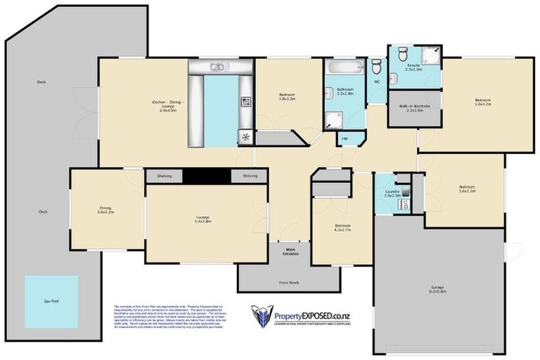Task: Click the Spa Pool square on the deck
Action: [51, 300]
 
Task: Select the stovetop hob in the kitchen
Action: [245, 103]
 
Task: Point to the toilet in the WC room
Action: [375, 67]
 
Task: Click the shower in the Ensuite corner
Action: [432, 52]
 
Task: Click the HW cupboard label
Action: [345, 139]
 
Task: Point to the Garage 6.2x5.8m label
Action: [438, 288]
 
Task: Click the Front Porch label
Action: [289, 283]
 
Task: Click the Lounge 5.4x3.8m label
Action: [202, 219]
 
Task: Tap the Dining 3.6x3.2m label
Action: [105, 209]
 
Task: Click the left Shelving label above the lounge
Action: [165, 176]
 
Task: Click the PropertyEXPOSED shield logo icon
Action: [262, 316]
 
